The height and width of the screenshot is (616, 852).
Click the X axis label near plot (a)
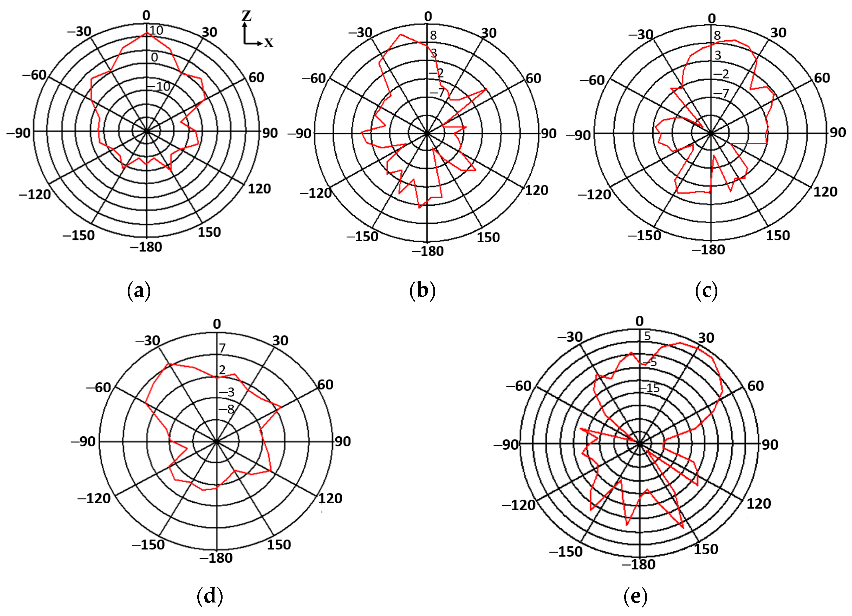point(268,43)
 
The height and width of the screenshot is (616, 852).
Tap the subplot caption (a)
point(139,291)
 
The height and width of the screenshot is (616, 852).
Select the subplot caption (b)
point(422,291)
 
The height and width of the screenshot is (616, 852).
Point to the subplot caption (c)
point(706,291)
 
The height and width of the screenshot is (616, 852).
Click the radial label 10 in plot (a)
point(156,30)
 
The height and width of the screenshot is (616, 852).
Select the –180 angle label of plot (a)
point(146,247)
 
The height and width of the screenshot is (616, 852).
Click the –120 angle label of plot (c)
point(594,194)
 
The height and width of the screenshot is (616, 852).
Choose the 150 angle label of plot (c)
point(778,236)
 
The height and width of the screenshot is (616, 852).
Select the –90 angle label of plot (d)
point(83,441)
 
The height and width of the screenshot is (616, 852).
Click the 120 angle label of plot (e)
point(758,503)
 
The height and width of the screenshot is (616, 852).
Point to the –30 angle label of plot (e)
point(570,337)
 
